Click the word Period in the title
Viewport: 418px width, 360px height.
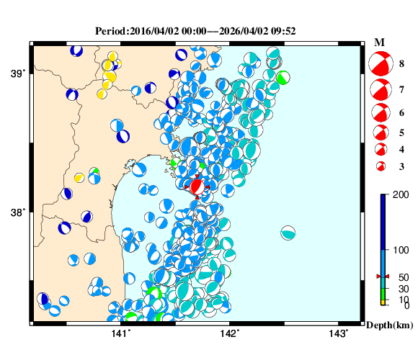click(110, 32)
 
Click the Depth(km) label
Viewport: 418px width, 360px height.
click(390, 325)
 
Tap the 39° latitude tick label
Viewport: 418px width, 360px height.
click(17, 73)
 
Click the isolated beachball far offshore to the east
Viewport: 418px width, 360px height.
click(288, 233)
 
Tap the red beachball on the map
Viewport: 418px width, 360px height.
click(197, 187)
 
